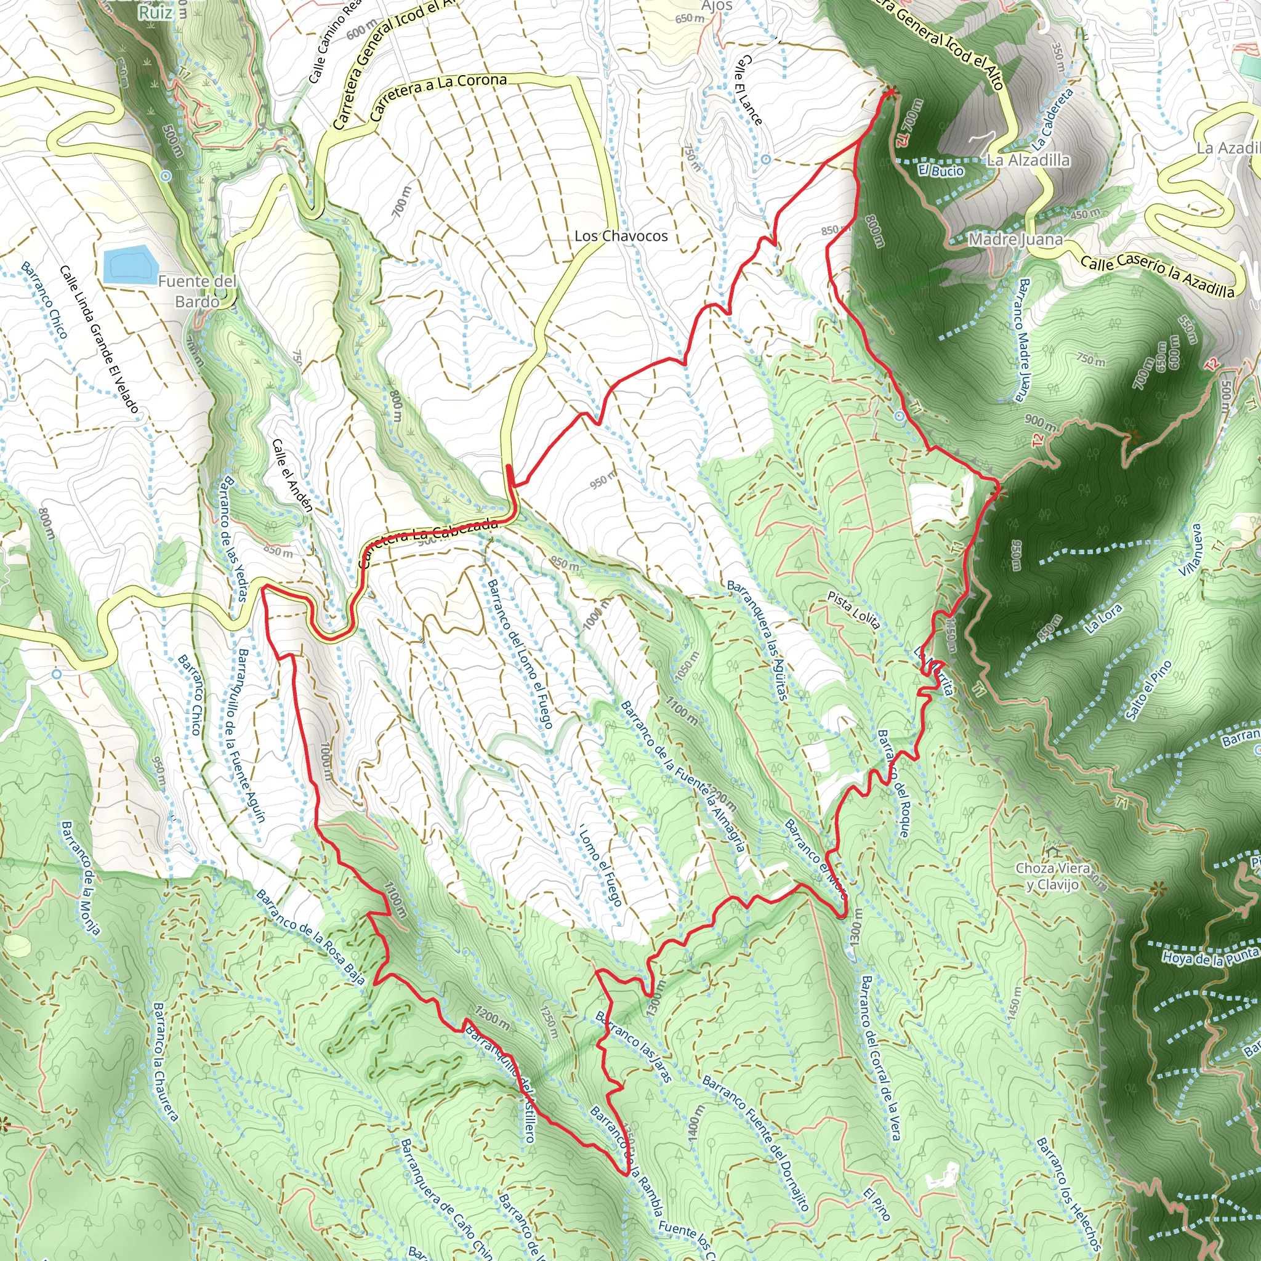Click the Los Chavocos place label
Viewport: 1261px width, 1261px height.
pos(621,236)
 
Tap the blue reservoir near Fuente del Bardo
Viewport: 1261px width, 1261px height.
pos(130,264)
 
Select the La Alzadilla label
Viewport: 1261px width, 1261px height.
pos(1028,160)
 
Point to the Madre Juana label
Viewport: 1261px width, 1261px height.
pos(1015,240)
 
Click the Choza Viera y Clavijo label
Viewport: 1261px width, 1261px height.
pos(1052,876)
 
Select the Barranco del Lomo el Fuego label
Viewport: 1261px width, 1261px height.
pos(521,653)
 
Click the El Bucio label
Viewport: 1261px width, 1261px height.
pos(941,171)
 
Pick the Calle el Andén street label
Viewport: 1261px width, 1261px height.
pos(292,475)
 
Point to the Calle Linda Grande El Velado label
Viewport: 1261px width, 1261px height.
pos(99,339)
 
